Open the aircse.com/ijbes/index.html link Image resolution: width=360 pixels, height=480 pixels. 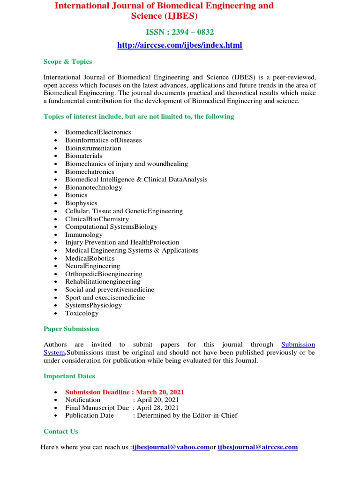point(180,45)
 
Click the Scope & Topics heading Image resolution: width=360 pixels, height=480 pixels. point(67,61)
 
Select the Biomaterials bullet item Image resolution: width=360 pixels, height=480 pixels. point(83,156)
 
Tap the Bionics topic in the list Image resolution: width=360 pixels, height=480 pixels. point(76,195)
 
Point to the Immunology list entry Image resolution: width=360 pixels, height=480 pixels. point(83,234)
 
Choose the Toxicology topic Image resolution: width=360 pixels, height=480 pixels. point(82,313)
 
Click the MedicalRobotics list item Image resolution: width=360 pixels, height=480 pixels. point(90,258)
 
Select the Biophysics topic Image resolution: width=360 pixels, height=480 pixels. point(81,203)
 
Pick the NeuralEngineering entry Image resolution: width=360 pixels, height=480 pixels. point(92,266)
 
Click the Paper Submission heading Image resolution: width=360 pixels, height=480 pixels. point(71,329)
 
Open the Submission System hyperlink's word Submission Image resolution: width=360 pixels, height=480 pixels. point(298,345)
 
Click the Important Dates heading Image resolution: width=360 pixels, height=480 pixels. point(69,376)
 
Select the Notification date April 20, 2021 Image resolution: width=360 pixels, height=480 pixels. point(157,400)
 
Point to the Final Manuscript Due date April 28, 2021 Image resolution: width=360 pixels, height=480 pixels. point(157,408)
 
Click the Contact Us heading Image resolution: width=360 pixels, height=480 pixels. point(61,431)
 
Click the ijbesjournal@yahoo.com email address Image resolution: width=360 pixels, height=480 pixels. point(171,447)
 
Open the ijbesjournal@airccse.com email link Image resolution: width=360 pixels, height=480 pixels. point(257,447)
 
